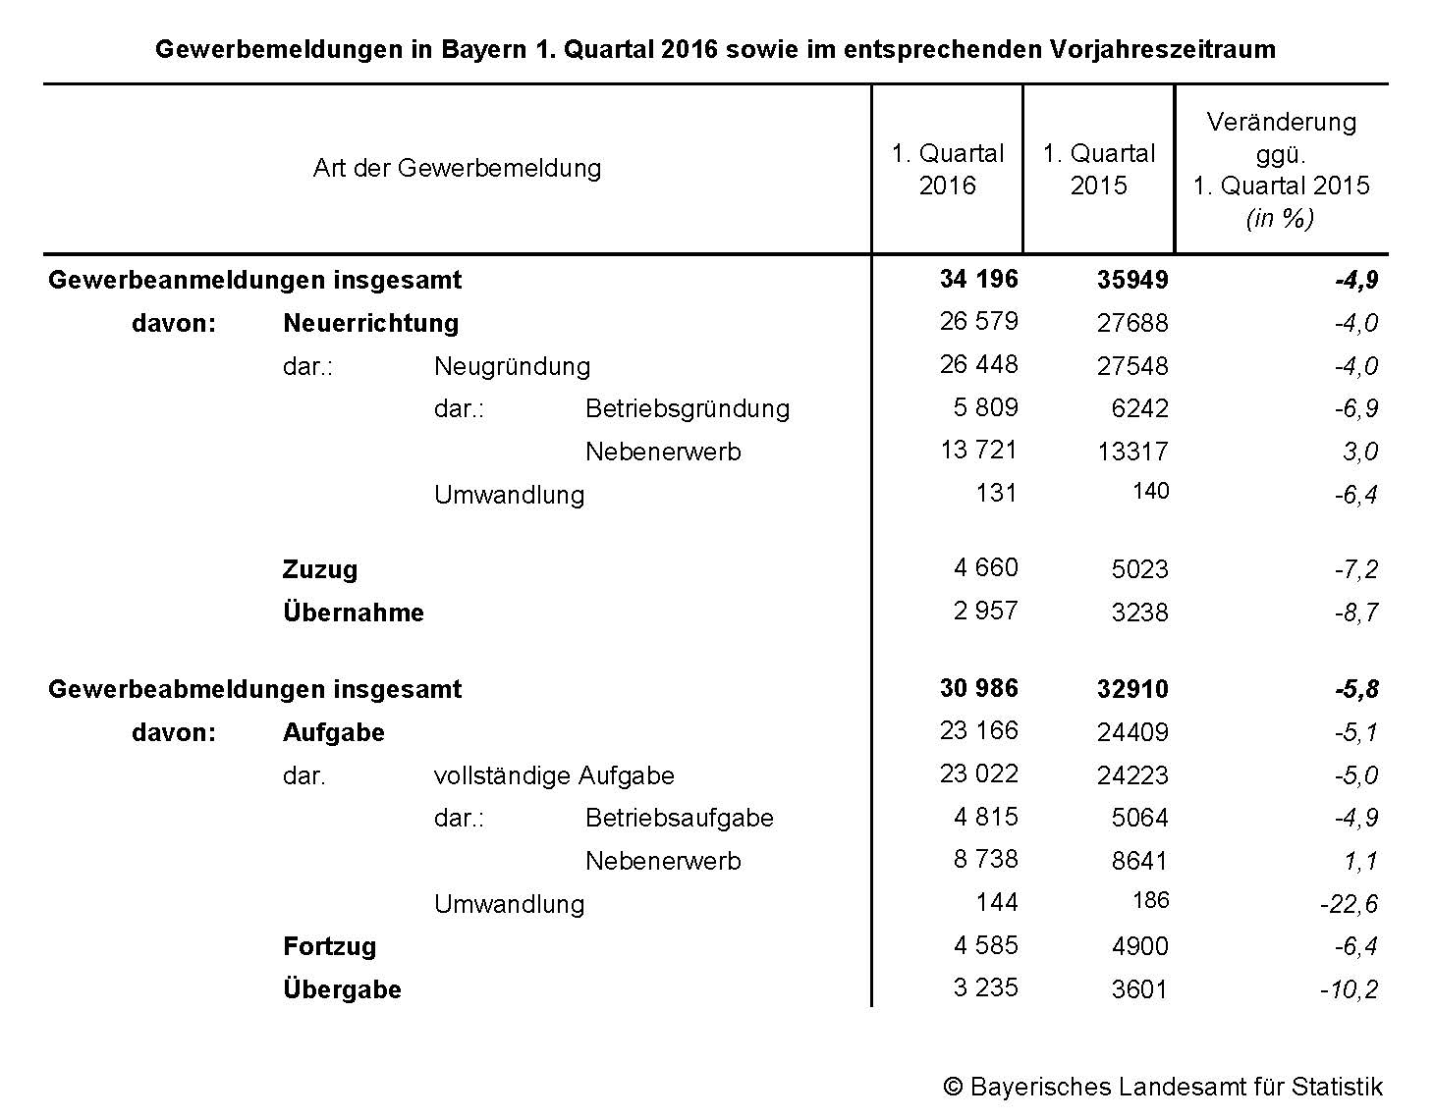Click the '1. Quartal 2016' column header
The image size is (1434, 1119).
tap(947, 169)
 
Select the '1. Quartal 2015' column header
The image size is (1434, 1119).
tap(1098, 169)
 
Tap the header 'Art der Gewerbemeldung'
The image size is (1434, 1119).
tap(457, 168)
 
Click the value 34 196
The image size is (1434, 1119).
tap(978, 279)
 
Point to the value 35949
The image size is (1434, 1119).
tap(1132, 280)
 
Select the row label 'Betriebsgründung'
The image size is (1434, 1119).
tap(687, 408)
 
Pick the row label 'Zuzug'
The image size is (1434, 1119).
tap(320, 569)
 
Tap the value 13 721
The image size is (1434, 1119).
tap(978, 450)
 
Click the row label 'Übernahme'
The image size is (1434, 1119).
tap(354, 613)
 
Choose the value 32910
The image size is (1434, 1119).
tap(1132, 689)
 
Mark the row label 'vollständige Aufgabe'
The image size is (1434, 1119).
tap(554, 775)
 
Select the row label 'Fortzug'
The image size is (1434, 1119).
tap(329, 946)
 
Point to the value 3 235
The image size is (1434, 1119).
tap(985, 987)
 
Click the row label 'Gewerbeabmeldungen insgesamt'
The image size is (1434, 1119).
tap(254, 689)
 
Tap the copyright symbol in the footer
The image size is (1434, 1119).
tap(952, 1087)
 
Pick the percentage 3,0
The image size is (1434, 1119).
tap(1360, 452)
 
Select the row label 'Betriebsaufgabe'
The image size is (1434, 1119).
tap(679, 818)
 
